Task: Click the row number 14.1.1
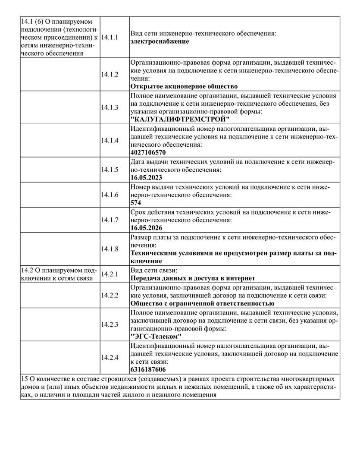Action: pos(110,38)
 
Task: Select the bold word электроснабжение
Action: pos(160,41)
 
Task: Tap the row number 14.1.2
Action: pos(110,74)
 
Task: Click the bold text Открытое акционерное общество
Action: pos(184,86)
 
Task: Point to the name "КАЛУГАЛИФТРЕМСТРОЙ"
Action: pos(180,119)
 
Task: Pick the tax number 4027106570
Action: pos(148,152)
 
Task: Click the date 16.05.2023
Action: pos(146,177)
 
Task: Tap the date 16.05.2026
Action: pos(146,227)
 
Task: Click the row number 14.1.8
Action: pos(110,249)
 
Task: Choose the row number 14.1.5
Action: pos(110,170)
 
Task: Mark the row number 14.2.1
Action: pos(110,274)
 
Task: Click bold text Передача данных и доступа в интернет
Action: pos(193,278)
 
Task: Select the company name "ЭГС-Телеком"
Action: pos(156,337)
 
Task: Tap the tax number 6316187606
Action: pos(148,370)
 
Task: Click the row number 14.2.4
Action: pos(110,358)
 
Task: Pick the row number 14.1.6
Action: pos(110,195)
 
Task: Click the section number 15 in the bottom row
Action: pos(24,378)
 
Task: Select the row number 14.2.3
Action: pos(110,324)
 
